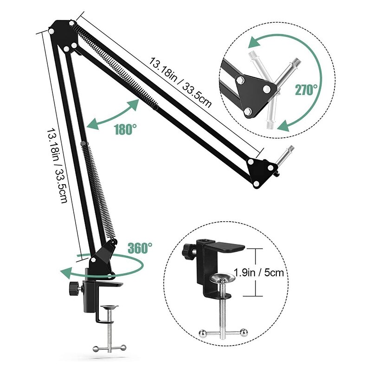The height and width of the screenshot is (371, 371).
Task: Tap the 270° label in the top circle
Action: click(x=307, y=90)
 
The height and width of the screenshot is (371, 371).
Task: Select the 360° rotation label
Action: click(x=140, y=248)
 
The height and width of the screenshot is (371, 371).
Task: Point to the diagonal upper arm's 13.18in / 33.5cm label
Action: click(x=181, y=82)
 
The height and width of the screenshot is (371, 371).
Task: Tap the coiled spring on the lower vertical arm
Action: click(x=96, y=185)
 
